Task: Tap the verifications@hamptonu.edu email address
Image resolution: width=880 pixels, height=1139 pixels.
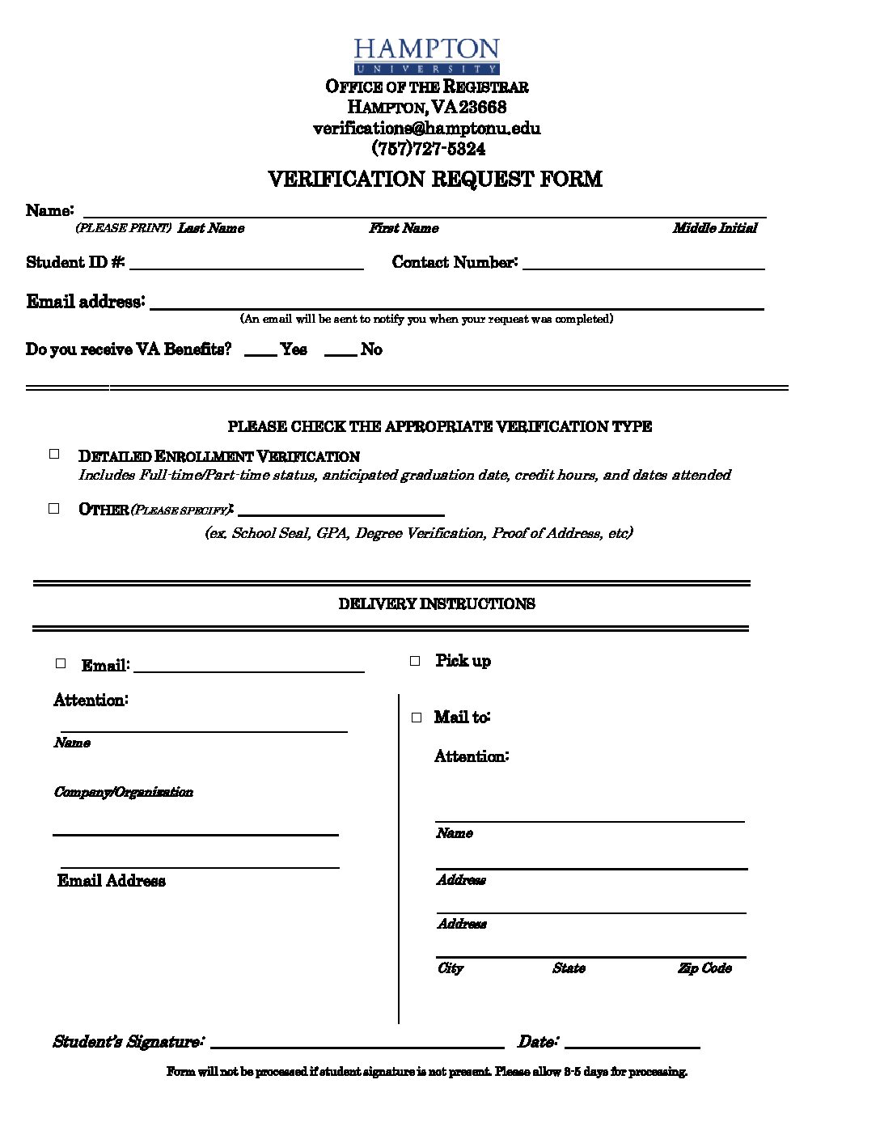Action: tap(426, 128)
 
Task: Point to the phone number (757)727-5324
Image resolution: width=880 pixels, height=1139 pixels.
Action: tap(428, 149)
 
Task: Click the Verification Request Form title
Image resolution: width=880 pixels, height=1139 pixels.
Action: tap(434, 179)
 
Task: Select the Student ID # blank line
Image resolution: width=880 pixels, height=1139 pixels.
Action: tap(246, 265)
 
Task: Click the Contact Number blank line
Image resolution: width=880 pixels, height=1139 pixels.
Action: tap(643, 265)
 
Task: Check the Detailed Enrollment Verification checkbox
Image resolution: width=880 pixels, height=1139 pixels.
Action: tap(54, 455)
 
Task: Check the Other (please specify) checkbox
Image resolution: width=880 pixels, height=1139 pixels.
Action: tap(54, 509)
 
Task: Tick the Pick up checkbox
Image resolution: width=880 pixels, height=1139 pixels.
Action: tap(415, 661)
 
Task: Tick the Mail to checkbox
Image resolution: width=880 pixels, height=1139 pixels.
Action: tap(417, 718)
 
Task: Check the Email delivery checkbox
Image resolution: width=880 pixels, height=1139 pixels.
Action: tap(61, 663)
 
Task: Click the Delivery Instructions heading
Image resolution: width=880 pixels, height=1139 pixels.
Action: tap(436, 603)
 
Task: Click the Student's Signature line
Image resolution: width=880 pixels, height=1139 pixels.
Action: tap(357, 1044)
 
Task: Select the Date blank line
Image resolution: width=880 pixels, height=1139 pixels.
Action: tap(632, 1044)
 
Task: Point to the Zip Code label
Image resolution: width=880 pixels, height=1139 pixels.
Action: tap(704, 968)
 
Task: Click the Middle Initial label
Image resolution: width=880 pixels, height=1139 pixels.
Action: tap(714, 228)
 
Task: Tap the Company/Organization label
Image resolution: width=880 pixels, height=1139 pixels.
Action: tap(123, 792)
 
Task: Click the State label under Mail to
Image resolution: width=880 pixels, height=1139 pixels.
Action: tap(569, 968)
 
